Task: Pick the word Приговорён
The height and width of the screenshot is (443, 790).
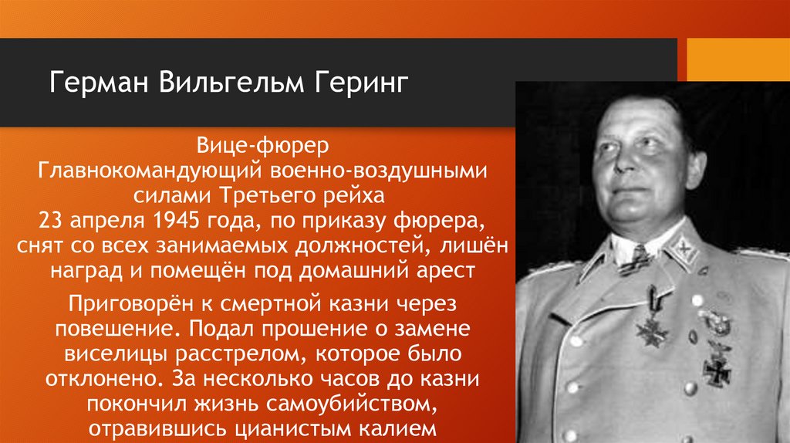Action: [123, 302]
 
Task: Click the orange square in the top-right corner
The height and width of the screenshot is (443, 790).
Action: [736, 59]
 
